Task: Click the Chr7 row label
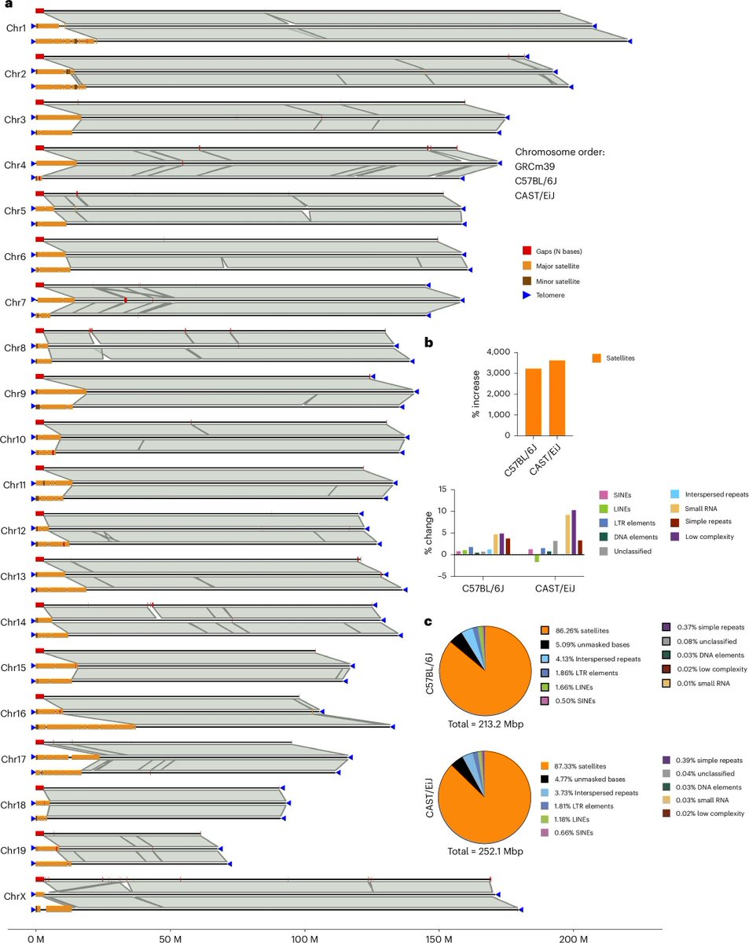(15, 303)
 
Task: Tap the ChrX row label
(15, 896)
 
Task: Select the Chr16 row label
(13, 714)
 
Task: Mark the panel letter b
(429, 342)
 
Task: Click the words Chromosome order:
(560, 152)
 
